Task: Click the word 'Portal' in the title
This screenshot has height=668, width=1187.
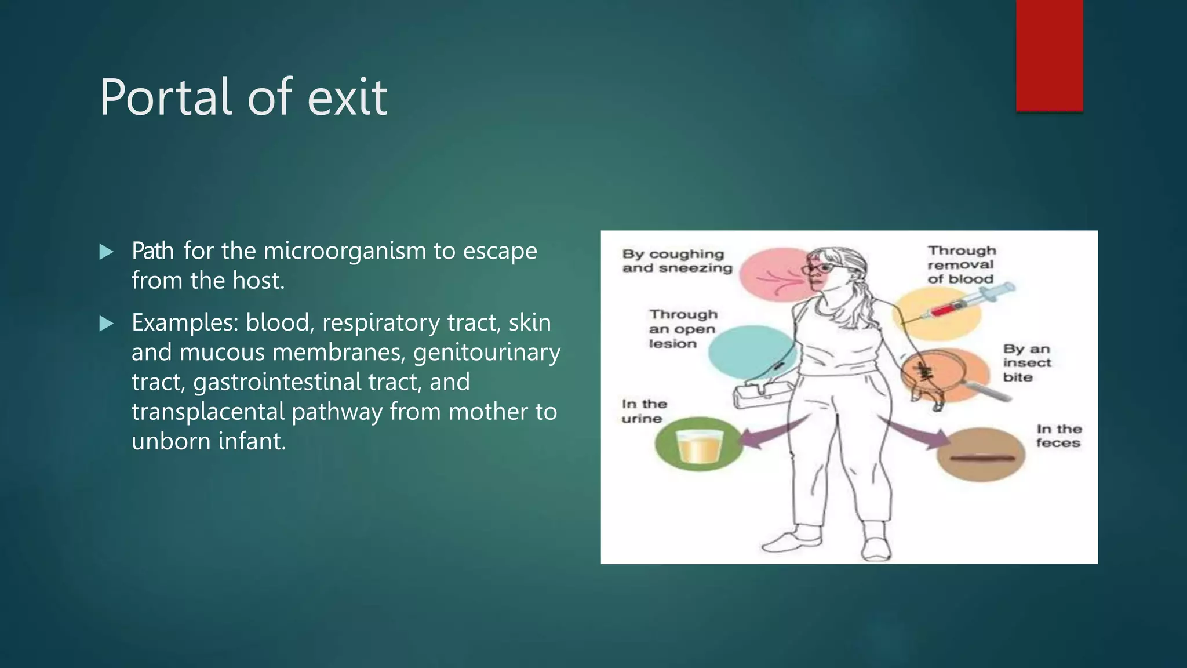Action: pyautogui.click(x=166, y=97)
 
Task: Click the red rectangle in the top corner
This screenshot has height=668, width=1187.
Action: pyautogui.click(x=1049, y=55)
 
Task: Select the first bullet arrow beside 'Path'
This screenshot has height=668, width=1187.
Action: pyautogui.click(x=106, y=252)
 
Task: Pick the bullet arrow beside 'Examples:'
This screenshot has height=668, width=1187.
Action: pyautogui.click(x=106, y=323)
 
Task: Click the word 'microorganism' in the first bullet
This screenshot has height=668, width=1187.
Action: pyautogui.click(x=344, y=251)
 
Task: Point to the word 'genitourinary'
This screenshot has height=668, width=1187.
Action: pyautogui.click(x=487, y=353)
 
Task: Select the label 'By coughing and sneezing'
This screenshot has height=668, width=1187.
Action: pyautogui.click(x=676, y=261)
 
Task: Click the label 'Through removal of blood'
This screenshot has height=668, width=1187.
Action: pyautogui.click(x=961, y=264)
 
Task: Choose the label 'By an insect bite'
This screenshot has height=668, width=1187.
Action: pyautogui.click(x=1026, y=363)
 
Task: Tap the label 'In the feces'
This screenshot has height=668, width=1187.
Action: pyautogui.click(x=1058, y=436)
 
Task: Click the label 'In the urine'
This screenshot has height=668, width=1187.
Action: pyautogui.click(x=643, y=411)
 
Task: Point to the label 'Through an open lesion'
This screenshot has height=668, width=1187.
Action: pyautogui.click(x=682, y=329)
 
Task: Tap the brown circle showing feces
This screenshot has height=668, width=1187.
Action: pyautogui.click(x=981, y=455)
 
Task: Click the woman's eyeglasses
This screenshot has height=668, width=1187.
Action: pyautogui.click(x=818, y=268)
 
